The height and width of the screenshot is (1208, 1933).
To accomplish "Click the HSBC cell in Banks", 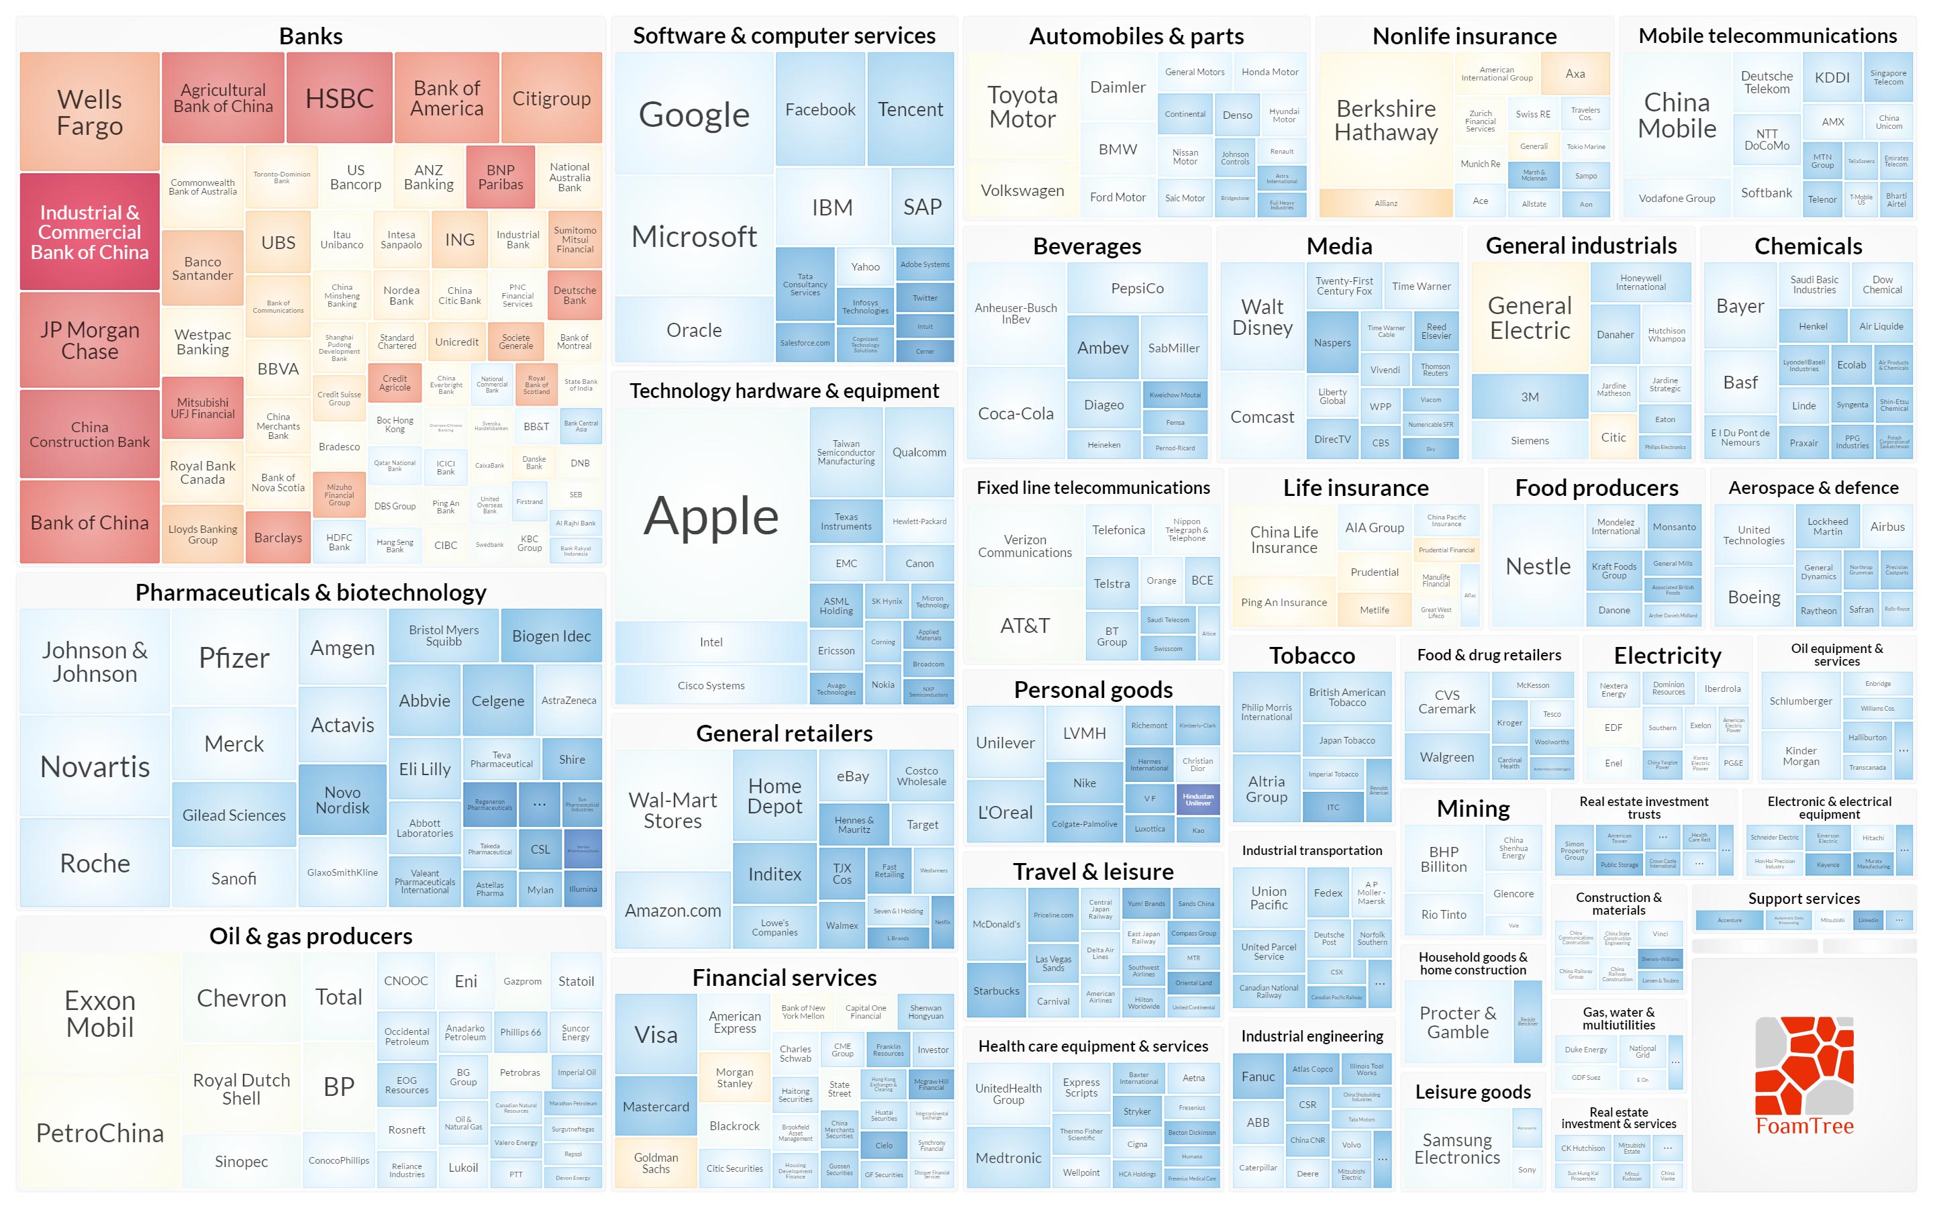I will tap(340, 98).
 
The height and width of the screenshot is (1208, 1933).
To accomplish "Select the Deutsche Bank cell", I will tap(575, 295).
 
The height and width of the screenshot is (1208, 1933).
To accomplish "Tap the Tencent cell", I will tap(910, 109).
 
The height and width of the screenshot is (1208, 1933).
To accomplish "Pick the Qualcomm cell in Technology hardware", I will tap(919, 452).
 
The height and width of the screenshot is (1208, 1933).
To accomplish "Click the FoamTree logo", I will tap(1804, 1074).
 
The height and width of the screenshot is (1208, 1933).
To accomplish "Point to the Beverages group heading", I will tap(1087, 246).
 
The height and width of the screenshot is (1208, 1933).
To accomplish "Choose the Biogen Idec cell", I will tap(551, 636).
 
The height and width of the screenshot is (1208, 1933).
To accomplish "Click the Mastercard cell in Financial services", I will tap(656, 1107).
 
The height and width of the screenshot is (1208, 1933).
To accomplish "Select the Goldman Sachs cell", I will tap(656, 1163).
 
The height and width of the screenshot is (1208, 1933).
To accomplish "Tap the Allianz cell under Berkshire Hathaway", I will tap(1386, 203).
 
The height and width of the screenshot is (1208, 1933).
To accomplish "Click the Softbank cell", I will tap(1766, 193).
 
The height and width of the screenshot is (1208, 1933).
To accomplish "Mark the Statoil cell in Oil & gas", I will tap(576, 981).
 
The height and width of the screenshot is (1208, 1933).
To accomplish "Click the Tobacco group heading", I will tap(1311, 655).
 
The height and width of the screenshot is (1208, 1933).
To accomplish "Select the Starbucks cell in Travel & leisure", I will tap(996, 991).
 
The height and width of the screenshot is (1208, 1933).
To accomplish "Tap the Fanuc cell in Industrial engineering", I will tap(1258, 1076).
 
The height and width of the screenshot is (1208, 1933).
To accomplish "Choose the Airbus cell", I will tap(1887, 527).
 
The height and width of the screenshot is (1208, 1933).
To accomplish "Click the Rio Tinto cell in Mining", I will tap(1443, 914).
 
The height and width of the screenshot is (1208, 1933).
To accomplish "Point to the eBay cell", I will tap(852, 776).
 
